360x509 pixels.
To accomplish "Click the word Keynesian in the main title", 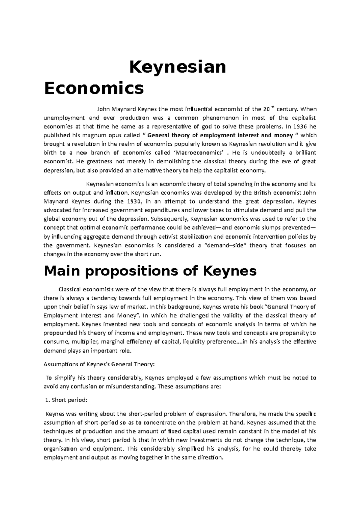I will click(177, 67).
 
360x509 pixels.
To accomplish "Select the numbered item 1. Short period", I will click(65, 400).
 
